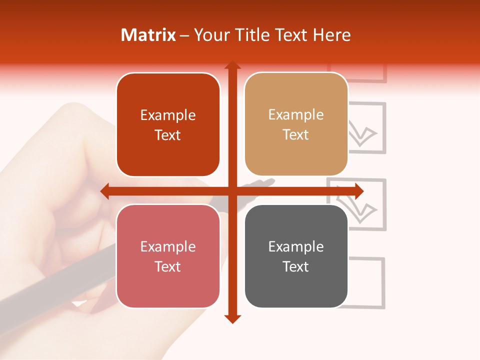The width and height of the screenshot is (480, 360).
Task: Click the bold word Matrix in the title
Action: [x=148, y=35]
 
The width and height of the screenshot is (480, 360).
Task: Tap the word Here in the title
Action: [x=331, y=35]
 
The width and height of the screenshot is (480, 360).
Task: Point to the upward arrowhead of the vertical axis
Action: [x=232, y=64]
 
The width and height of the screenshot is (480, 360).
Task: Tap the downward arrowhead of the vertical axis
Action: [x=232, y=318]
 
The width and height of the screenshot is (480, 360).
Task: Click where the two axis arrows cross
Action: [x=232, y=191]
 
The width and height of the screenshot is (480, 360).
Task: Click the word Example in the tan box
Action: [x=296, y=114]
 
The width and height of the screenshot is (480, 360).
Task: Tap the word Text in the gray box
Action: [x=296, y=266]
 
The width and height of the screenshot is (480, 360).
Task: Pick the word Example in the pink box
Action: [x=168, y=246]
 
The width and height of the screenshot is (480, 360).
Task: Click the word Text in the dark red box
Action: [x=168, y=135]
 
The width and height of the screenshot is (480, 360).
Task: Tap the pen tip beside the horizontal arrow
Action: [x=270, y=180]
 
